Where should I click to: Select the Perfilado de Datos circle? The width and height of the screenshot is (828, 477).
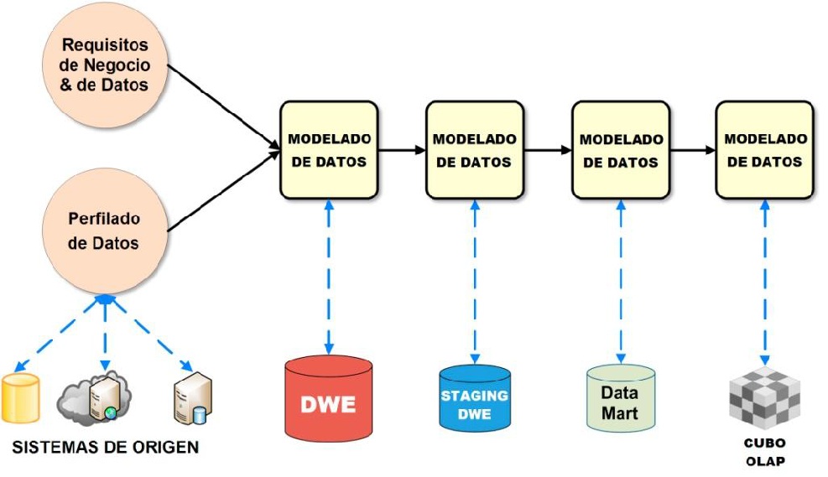(105, 231)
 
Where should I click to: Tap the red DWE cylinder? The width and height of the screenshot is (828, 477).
(328, 400)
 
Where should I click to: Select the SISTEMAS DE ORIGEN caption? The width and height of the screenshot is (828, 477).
(106, 447)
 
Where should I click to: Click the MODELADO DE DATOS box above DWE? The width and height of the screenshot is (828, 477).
(328, 149)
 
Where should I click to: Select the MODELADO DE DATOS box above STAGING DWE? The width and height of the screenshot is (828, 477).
(474, 149)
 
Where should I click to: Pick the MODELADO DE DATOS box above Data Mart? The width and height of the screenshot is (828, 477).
(620, 149)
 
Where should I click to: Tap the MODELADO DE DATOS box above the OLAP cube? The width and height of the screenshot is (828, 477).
(764, 149)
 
